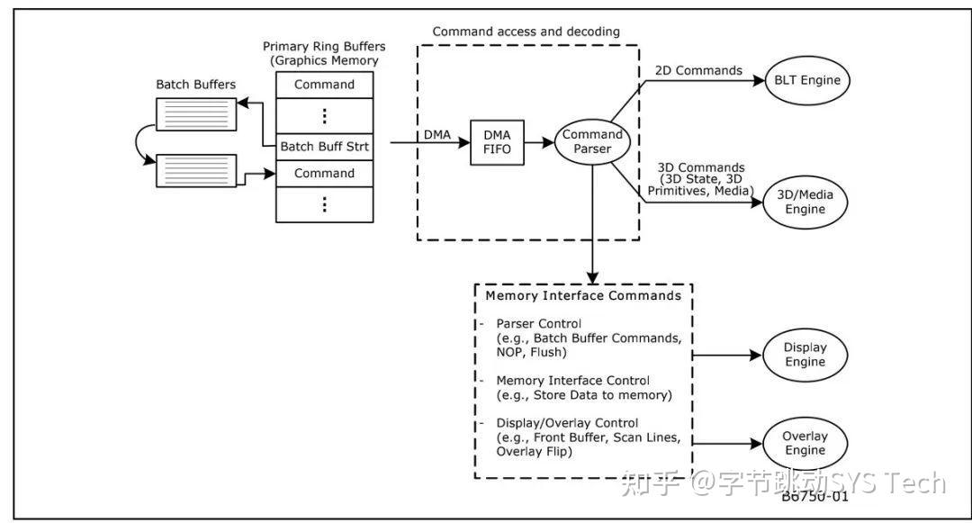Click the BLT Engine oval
(x=807, y=80)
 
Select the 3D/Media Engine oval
(x=805, y=202)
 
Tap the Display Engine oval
(x=805, y=355)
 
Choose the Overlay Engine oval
(x=805, y=443)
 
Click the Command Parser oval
(x=592, y=142)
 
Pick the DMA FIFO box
(x=497, y=141)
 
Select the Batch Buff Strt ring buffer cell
(x=324, y=146)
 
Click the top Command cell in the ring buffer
(x=324, y=85)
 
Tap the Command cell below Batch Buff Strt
(x=324, y=174)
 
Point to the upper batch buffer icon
(x=198, y=114)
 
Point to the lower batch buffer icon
(x=198, y=171)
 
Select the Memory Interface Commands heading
(x=583, y=295)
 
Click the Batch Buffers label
(x=196, y=85)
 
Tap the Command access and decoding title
(x=526, y=32)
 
